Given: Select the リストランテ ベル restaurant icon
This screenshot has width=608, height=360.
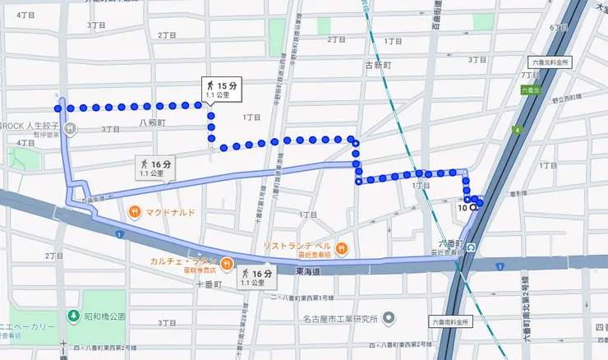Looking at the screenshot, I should tap(341, 249).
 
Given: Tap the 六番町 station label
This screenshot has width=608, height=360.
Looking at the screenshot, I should tap(450, 243).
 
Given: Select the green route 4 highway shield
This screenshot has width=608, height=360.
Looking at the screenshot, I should tap(517, 130).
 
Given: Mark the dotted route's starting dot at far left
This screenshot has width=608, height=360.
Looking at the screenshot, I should tap(58, 107).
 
